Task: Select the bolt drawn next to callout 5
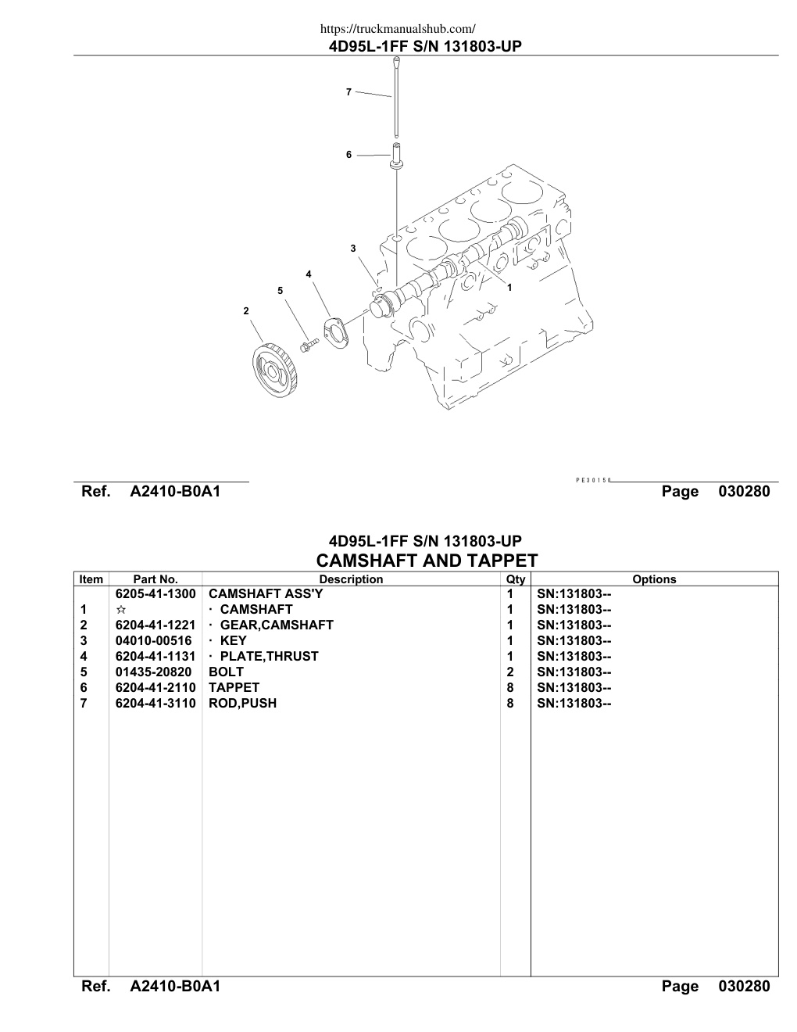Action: tap(309, 345)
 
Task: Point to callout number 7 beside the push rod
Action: tap(348, 92)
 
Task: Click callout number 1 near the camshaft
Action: tap(509, 288)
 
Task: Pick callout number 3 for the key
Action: tap(352, 249)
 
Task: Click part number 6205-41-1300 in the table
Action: tap(155, 593)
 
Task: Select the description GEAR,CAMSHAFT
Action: tap(277, 625)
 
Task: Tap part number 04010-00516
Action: tap(153, 640)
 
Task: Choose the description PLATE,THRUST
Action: tap(269, 657)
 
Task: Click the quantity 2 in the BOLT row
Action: tap(510, 672)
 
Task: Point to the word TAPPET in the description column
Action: tap(234, 688)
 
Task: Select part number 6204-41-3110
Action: tap(155, 704)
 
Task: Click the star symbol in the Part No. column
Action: tap(121, 609)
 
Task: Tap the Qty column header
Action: tap(516, 579)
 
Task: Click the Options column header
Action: tap(654, 579)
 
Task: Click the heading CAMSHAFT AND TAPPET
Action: tap(427, 561)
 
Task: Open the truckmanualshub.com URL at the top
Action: tap(398, 29)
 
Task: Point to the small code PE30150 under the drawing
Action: tap(593, 480)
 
